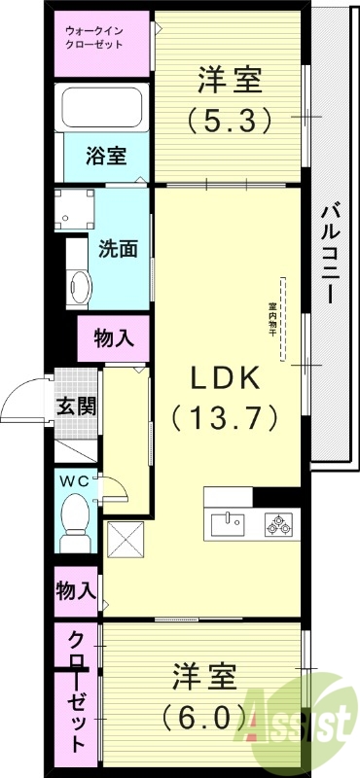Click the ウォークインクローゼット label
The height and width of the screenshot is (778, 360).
click(101, 38)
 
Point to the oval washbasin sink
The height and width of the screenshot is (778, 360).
click(80, 285)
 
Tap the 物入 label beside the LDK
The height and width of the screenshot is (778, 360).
click(114, 338)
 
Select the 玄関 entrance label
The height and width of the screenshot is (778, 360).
click(74, 406)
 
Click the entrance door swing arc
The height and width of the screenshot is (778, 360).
click(26, 399)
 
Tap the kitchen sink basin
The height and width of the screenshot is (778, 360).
click(228, 523)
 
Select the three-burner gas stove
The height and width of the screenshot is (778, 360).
click(279, 523)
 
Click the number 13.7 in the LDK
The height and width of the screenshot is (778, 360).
click(226, 418)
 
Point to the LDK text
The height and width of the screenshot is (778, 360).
click(227, 376)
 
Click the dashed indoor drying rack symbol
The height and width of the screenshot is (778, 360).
click(283, 319)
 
